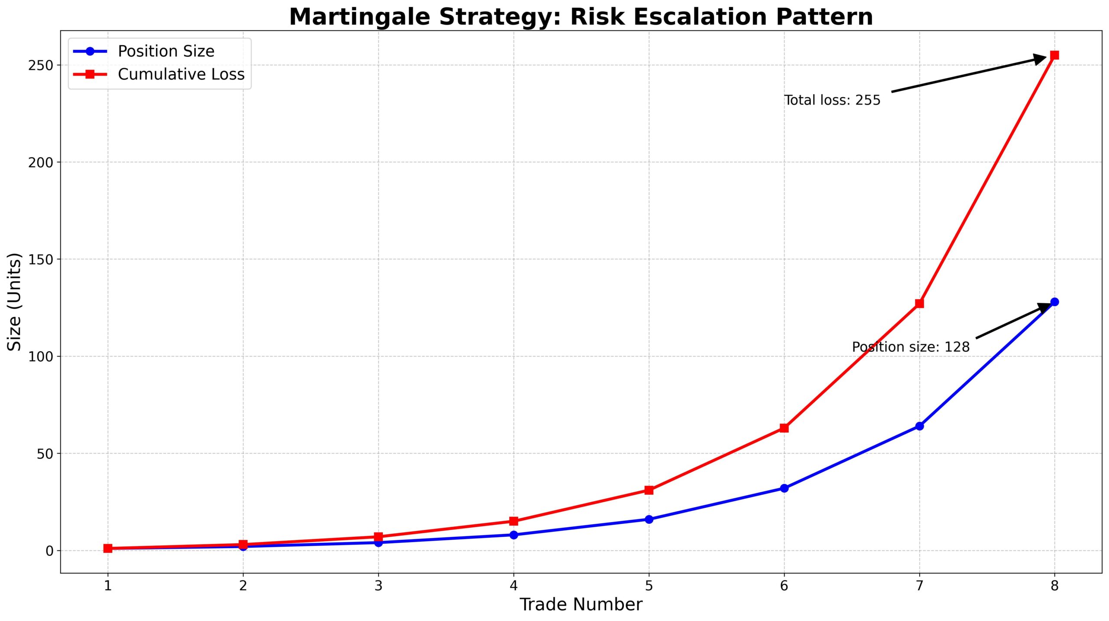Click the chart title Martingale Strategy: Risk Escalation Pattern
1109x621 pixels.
tap(581, 17)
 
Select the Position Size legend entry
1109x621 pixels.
tap(166, 51)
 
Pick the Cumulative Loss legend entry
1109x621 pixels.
tap(181, 74)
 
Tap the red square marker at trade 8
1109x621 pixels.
tap(1054, 55)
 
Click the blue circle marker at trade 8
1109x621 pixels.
tap(1054, 302)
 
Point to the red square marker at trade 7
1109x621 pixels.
tap(919, 304)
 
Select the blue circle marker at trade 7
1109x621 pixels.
tap(919, 426)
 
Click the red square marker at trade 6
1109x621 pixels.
tap(784, 428)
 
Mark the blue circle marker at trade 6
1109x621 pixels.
tap(784, 488)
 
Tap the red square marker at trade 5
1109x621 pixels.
tap(649, 490)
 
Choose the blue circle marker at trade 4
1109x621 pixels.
tap(514, 535)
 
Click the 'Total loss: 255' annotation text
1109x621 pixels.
tap(832, 100)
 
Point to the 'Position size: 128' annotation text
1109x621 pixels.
tap(911, 347)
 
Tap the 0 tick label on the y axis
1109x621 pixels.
tap(50, 551)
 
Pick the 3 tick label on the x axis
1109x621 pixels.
tap(379, 586)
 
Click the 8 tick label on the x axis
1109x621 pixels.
tap(1054, 586)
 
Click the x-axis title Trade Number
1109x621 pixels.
tap(581, 605)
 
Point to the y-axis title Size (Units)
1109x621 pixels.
tap(15, 302)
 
